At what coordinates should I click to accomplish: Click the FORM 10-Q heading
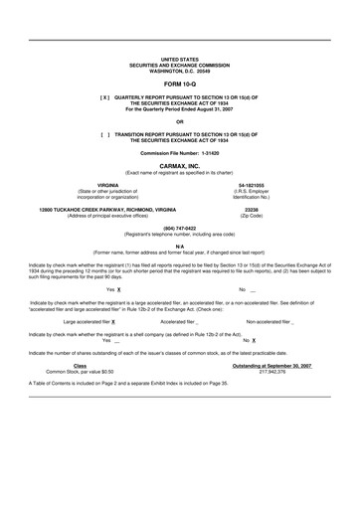[x=179, y=85]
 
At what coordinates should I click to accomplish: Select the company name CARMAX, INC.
[x=179, y=167]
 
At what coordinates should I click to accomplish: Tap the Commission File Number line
[x=179, y=152]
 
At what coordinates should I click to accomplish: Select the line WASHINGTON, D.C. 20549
[x=179, y=71]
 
